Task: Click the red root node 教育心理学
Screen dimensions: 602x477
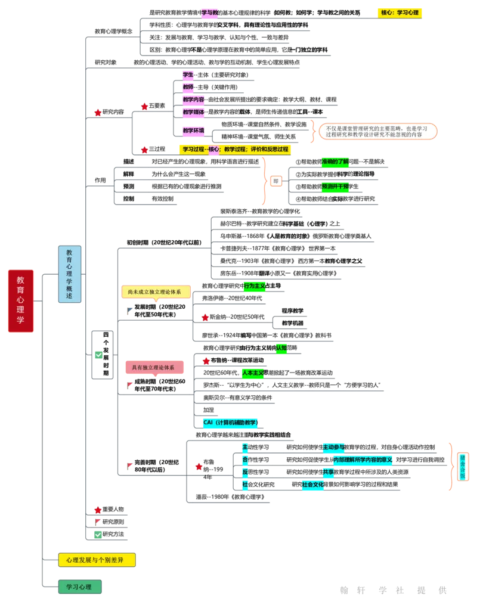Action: point(20,300)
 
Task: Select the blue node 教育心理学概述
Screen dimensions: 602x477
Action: point(69,274)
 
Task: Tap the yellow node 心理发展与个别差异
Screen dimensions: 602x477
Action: point(97,560)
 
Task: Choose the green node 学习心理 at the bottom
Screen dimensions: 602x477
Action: point(79,587)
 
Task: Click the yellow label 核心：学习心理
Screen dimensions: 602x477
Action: point(399,12)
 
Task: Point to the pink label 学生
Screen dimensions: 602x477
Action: point(188,75)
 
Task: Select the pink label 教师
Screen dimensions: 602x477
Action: point(188,87)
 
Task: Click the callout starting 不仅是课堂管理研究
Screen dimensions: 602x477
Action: point(378,132)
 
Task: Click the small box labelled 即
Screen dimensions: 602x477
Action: point(275,181)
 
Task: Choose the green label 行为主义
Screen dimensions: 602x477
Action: point(255,287)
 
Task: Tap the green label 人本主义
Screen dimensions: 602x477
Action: point(253,373)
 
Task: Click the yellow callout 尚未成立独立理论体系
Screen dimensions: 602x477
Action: point(155,291)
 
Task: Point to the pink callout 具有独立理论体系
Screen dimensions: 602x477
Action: point(154,368)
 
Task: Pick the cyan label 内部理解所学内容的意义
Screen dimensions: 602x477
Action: point(363,460)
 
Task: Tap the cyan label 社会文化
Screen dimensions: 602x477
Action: point(313,485)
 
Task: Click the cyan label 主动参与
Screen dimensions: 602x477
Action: point(333,447)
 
